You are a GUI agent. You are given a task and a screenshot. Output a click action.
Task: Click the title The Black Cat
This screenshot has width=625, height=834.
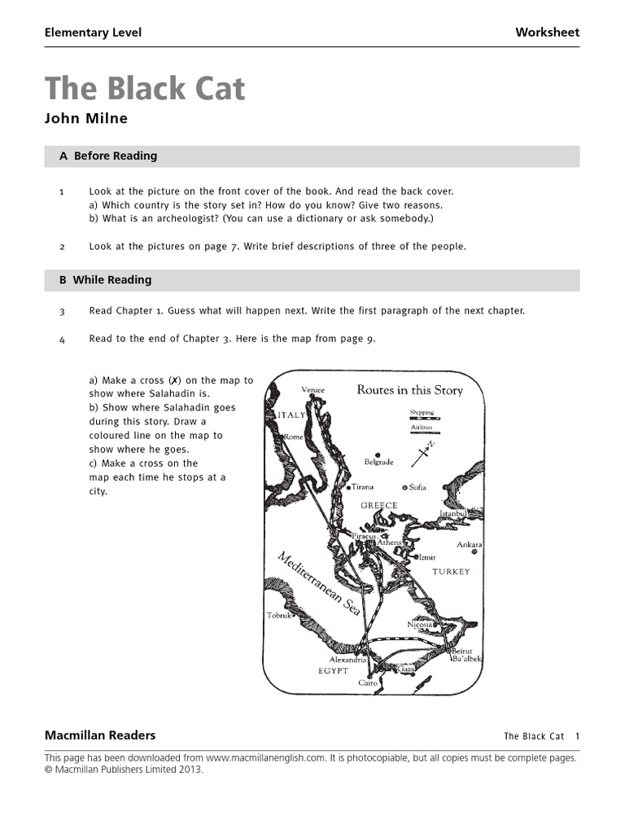point(145,89)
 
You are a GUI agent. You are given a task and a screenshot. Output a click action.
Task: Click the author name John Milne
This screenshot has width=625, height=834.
point(85,119)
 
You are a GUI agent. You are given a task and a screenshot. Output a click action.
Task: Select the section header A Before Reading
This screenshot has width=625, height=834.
point(108,156)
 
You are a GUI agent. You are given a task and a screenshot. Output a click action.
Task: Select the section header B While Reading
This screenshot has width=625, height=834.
point(105,280)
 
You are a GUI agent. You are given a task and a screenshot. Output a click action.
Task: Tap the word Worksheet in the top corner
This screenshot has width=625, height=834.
point(547,33)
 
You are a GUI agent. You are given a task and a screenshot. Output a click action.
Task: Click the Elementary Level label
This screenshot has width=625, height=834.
point(93,33)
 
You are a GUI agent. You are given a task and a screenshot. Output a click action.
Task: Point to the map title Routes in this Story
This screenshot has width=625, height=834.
point(409,390)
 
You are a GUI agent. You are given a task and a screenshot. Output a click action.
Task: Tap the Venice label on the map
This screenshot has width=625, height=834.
point(312,390)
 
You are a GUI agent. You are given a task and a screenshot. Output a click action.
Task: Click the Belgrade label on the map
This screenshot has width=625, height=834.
point(378,462)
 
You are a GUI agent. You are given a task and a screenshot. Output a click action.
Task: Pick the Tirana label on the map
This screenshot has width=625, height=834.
point(362,487)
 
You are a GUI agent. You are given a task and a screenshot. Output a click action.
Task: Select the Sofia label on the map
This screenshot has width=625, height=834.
point(417,487)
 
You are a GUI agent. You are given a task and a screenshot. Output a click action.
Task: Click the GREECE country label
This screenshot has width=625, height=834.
point(378,506)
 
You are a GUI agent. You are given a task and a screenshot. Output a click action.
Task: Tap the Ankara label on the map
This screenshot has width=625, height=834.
point(469,544)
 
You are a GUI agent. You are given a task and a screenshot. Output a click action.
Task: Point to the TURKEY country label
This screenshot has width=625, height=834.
point(451,572)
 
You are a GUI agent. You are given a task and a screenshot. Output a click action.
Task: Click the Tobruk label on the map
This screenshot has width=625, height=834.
point(279,616)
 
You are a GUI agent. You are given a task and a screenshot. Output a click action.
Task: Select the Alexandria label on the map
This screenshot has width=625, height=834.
point(348,660)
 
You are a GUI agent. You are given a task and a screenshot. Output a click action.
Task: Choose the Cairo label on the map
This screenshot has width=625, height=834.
point(368,683)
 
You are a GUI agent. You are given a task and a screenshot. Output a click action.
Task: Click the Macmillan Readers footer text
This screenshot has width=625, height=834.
point(99,735)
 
